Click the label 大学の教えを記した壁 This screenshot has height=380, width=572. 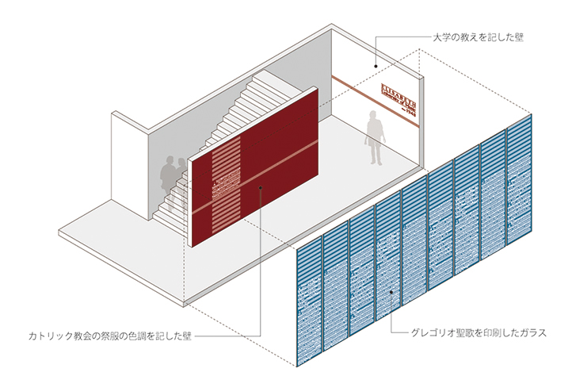(479, 37)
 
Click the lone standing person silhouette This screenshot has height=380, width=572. (373, 137)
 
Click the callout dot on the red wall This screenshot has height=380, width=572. (261, 187)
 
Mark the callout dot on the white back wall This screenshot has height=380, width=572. (375, 63)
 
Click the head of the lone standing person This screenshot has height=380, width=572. (374, 116)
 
